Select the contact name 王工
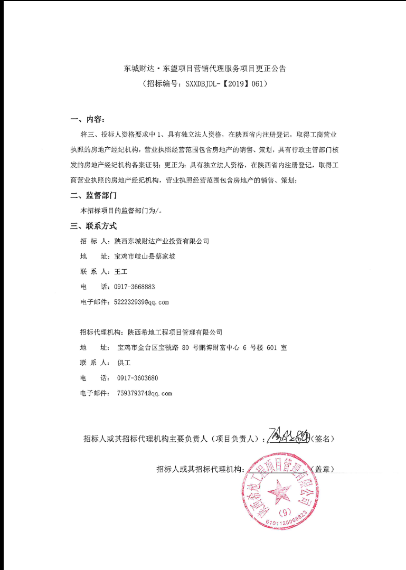tap(121, 272)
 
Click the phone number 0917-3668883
tap(135, 287)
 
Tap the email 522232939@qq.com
tap(141, 302)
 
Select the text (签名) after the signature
tap(322, 439)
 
